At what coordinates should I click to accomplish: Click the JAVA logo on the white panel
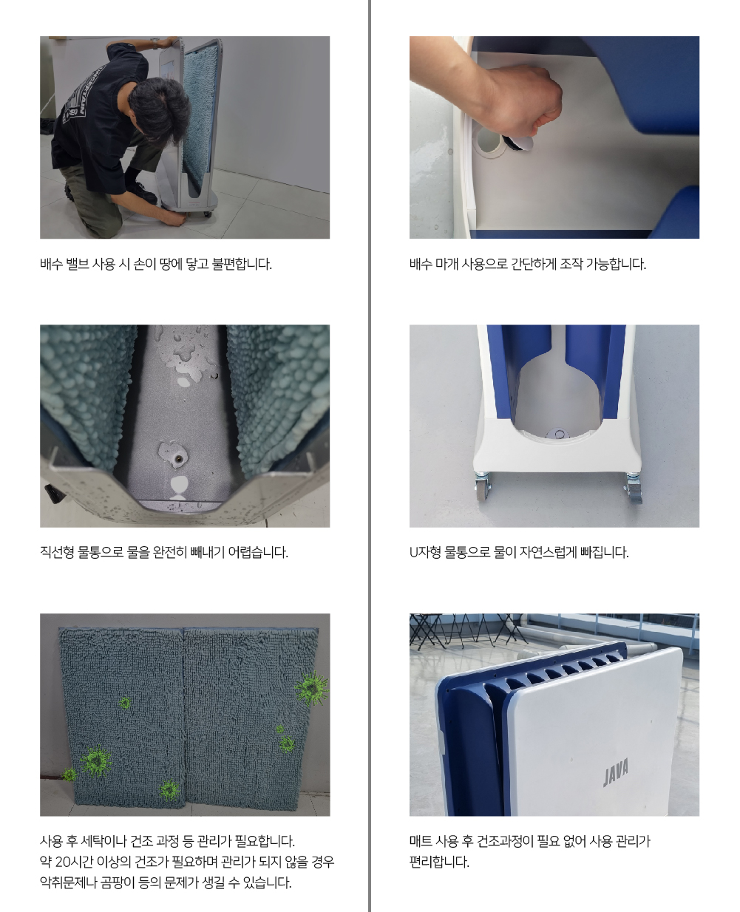[x=616, y=772]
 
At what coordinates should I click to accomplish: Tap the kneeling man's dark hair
[x=159, y=107]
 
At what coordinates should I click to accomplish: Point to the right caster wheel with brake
[x=633, y=488]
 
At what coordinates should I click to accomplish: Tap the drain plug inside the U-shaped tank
[x=559, y=435]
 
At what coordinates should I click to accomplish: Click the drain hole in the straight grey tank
[x=177, y=459]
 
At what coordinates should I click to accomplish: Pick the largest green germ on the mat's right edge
[x=312, y=687]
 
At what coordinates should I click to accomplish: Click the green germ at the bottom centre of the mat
[x=169, y=789]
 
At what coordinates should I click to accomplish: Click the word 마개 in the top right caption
[x=445, y=264]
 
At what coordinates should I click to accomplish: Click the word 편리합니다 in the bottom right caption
[x=439, y=862]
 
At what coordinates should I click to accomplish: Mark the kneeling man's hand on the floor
[x=177, y=217]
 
